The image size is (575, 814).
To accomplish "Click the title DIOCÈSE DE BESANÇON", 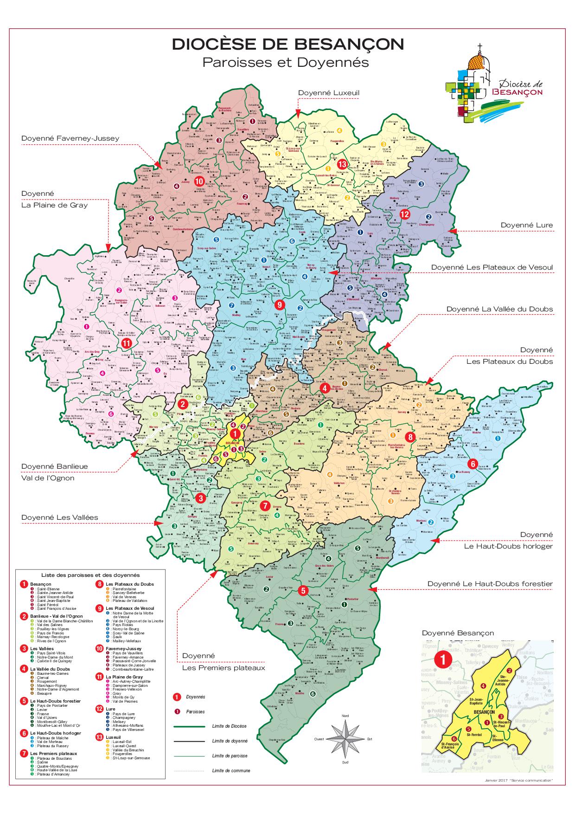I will click(287, 45).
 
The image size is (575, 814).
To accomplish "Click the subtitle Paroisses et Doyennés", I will click(285, 62).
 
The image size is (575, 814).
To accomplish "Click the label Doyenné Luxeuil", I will click(329, 93).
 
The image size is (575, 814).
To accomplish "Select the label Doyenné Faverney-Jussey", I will click(70, 138).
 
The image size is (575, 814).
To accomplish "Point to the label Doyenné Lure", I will click(526, 225).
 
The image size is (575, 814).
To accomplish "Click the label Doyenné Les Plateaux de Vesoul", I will click(492, 267).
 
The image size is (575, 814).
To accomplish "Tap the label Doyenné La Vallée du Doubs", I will click(499, 309).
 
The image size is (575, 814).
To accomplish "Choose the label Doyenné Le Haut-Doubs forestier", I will click(490, 583).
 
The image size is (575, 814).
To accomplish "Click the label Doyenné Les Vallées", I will click(60, 517).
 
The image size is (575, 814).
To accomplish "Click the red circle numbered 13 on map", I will click(342, 164).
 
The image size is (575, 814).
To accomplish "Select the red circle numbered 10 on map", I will click(199, 181).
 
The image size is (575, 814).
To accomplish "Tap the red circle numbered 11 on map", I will click(126, 343).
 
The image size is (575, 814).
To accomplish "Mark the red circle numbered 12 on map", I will click(404, 214).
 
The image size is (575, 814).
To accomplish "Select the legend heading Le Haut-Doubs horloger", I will click(56, 733).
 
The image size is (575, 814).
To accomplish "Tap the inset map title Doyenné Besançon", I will click(458, 633).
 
